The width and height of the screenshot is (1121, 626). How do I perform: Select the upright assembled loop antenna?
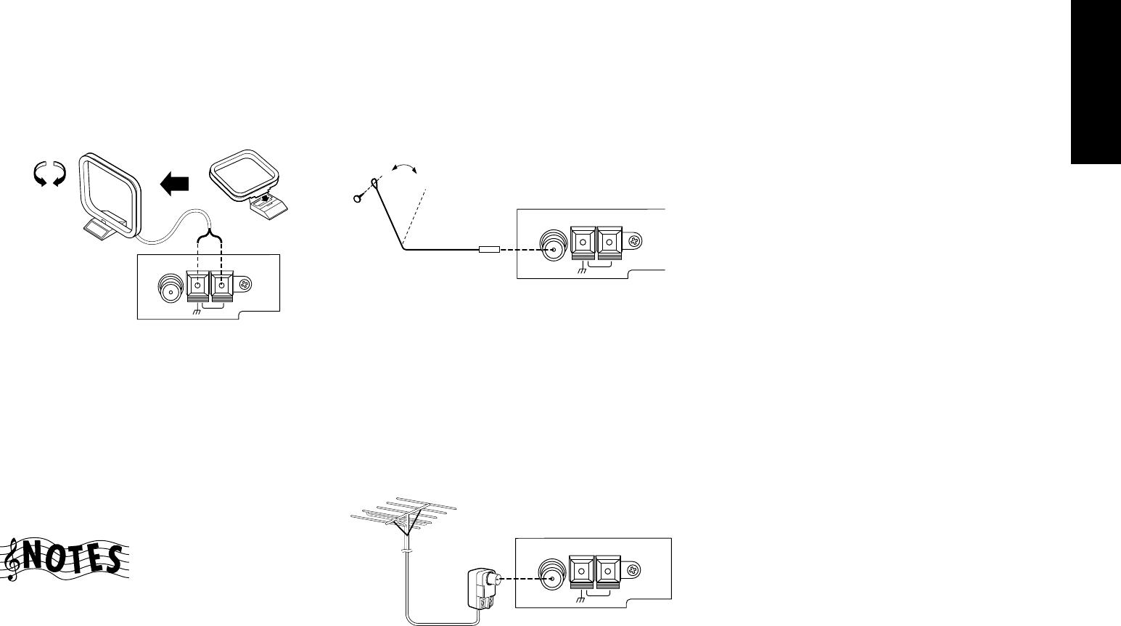click(x=112, y=192)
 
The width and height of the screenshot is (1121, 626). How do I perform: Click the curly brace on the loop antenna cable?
click(x=209, y=235)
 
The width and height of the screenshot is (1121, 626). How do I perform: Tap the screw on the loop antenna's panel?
click(x=245, y=287)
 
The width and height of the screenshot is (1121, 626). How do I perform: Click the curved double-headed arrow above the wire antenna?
click(x=405, y=168)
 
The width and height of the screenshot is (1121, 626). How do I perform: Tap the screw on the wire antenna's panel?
click(x=636, y=241)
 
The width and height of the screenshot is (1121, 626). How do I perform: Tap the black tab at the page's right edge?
click(x=1096, y=83)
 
